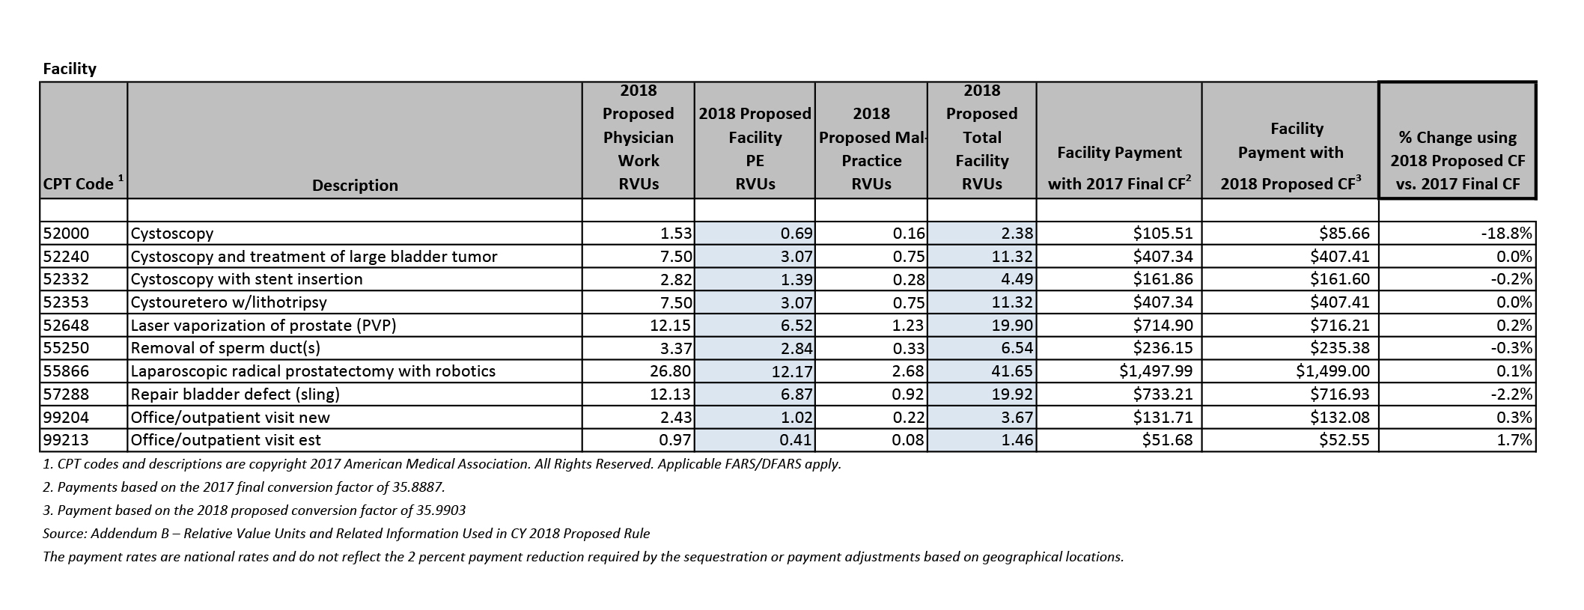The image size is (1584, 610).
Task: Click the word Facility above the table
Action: pos(70,69)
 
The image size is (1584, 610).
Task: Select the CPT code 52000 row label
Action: pos(66,234)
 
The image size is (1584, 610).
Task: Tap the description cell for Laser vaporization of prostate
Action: pos(263,326)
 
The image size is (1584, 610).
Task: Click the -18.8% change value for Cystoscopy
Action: pos(1506,234)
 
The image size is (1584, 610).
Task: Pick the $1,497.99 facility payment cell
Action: pos(1156,371)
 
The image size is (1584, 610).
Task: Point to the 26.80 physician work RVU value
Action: pos(672,371)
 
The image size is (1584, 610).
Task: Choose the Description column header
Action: pos(355,185)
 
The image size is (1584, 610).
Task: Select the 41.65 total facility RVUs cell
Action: pos(1015,371)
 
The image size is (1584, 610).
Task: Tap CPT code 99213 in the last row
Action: pos(66,440)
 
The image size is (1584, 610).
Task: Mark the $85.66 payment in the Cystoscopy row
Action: pos(1344,234)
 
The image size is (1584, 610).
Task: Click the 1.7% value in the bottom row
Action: pos(1514,440)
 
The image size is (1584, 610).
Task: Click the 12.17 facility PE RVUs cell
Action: pos(792,371)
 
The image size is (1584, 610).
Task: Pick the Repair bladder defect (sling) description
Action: pos(235,394)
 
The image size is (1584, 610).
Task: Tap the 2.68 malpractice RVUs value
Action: pos(908,371)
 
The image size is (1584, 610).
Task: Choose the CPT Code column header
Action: pos(79,184)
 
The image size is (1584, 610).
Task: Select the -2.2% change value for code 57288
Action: pos(1512,394)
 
